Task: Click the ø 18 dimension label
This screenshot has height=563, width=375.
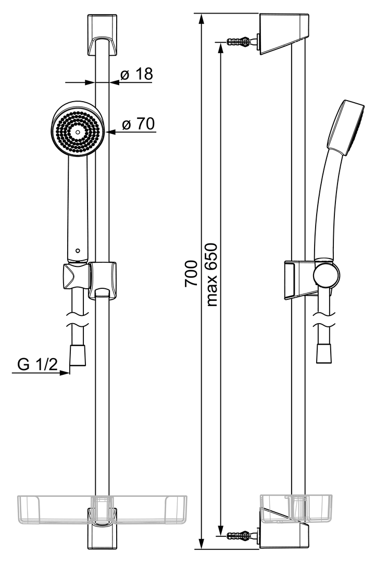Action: pyautogui.click(x=136, y=75)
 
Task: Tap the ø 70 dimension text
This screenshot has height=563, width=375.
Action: pyautogui.click(x=138, y=124)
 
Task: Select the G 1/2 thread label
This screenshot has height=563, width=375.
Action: pyautogui.click(x=37, y=364)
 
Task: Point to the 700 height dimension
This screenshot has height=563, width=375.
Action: pyautogui.click(x=191, y=273)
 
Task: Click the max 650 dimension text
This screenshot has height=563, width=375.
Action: pyautogui.click(x=213, y=275)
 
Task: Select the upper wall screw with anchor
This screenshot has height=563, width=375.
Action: pyautogui.click(x=243, y=41)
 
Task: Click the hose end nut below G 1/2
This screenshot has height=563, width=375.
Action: pyautogui.click(x=78, y=355)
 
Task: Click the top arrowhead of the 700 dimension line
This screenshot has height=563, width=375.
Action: pyautogui.click(x=202, y=19)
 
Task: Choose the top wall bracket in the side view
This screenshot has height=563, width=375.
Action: pyautogui.click(x=283, y=34)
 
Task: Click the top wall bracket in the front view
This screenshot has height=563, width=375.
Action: pyautogui.click(x=102, y=35)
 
